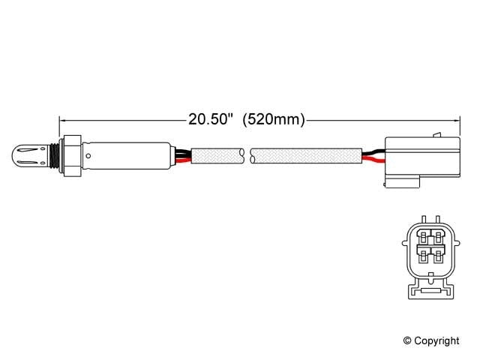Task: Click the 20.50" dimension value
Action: pyautogui.click(x=211, y=119)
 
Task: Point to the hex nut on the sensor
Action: pyautogui.click(x=72, y=156)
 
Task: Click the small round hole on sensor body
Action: pyautogui.click(x=88, y=157)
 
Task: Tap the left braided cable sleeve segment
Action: pyautogui.click(x=217, y=156)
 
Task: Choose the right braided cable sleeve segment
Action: pyautogui.click(x=307, y=156)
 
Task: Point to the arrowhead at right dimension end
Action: pyautogui.click(x=454, y=118)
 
